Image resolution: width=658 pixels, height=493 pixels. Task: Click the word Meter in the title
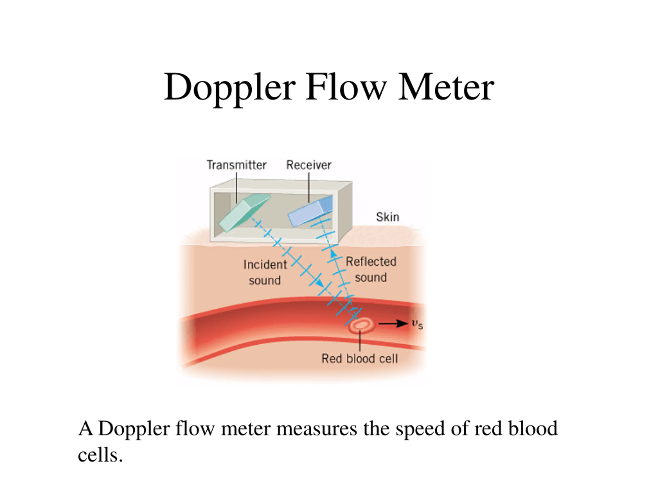click(x=446, y=87)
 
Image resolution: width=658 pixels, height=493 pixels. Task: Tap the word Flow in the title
click(x=346, y=87)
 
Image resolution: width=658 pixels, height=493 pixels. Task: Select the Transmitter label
click(x=236, y=165)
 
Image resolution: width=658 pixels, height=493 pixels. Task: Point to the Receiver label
click(x=308, y=165)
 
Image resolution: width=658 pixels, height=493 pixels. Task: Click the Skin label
click(x=388, y=217)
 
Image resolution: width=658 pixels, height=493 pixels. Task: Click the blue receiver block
click(x=310, y=211)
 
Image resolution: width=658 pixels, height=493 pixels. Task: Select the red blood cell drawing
click(x=361, y=325)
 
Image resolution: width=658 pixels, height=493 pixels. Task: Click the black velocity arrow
click(x=393, y=323)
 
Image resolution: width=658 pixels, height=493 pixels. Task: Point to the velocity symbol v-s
click(x=417, y=325)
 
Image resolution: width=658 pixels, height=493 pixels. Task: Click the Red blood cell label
click(x=360, y=359)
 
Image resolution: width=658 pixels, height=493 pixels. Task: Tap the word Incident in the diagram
click(x=265, y=264)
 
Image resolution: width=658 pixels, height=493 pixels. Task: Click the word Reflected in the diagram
click(x=371, y=261)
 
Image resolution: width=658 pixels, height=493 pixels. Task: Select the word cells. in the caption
click(x=100, y=455)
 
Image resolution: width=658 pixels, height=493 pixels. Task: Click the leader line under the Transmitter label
click(x=236, y=188)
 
